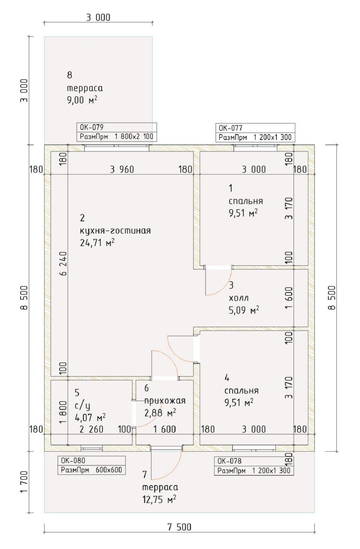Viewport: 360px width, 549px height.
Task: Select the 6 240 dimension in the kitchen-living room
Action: click(x=63, y=264)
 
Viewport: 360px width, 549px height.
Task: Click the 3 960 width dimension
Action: click(x=122, y=169)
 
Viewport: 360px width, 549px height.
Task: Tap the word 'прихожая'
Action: click(x=165, y=401)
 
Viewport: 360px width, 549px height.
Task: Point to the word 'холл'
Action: click(x=239, y=298)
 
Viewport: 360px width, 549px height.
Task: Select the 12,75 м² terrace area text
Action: click(x=159, y=500)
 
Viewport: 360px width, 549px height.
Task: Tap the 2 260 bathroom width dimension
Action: click(x=91, y=429)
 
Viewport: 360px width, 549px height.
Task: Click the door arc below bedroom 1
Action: click(x=224, y=288)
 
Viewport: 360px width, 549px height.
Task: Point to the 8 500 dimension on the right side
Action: click(x=332, y=298)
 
